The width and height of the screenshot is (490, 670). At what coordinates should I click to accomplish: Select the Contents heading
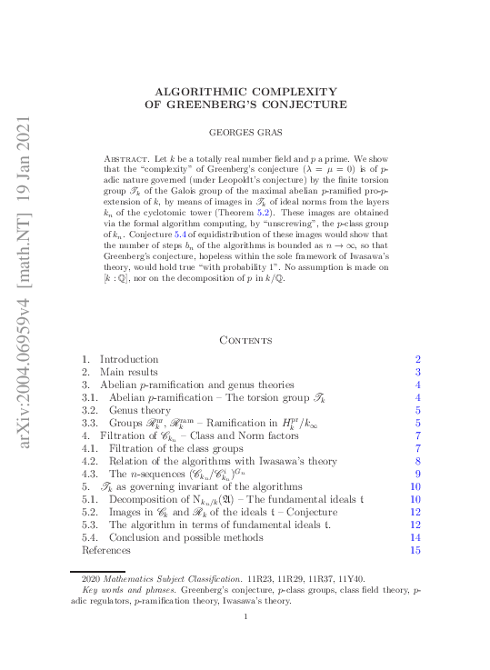(x=245, y=340)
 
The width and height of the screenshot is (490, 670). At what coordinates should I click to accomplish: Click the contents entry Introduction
(x=128, y=359)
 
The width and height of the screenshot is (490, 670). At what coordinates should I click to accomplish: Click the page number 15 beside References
(x=415, y=550)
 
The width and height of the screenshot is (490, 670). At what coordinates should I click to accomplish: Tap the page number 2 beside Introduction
(x=418, y=359)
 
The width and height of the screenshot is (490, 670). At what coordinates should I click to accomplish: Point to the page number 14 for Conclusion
(x=415, y=537)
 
